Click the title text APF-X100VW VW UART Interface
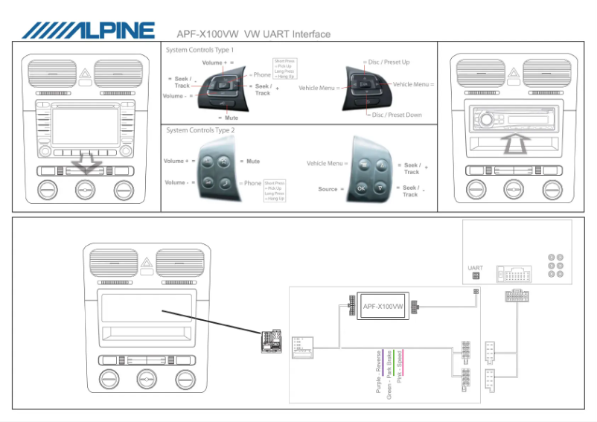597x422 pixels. [253, 33]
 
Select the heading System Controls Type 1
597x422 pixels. [205, 49]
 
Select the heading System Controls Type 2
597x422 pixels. [201, 130]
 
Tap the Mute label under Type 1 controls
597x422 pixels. [232, 118]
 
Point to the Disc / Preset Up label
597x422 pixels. [387, 63]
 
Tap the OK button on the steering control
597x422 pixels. [362, 188]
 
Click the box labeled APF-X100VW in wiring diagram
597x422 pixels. [383, 307]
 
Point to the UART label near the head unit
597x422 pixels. [475, 268]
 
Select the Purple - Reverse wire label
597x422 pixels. [379, 372]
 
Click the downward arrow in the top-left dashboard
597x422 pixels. [87, 163]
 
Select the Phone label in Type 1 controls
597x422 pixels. [262, 74]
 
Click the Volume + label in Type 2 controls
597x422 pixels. [179, 161]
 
